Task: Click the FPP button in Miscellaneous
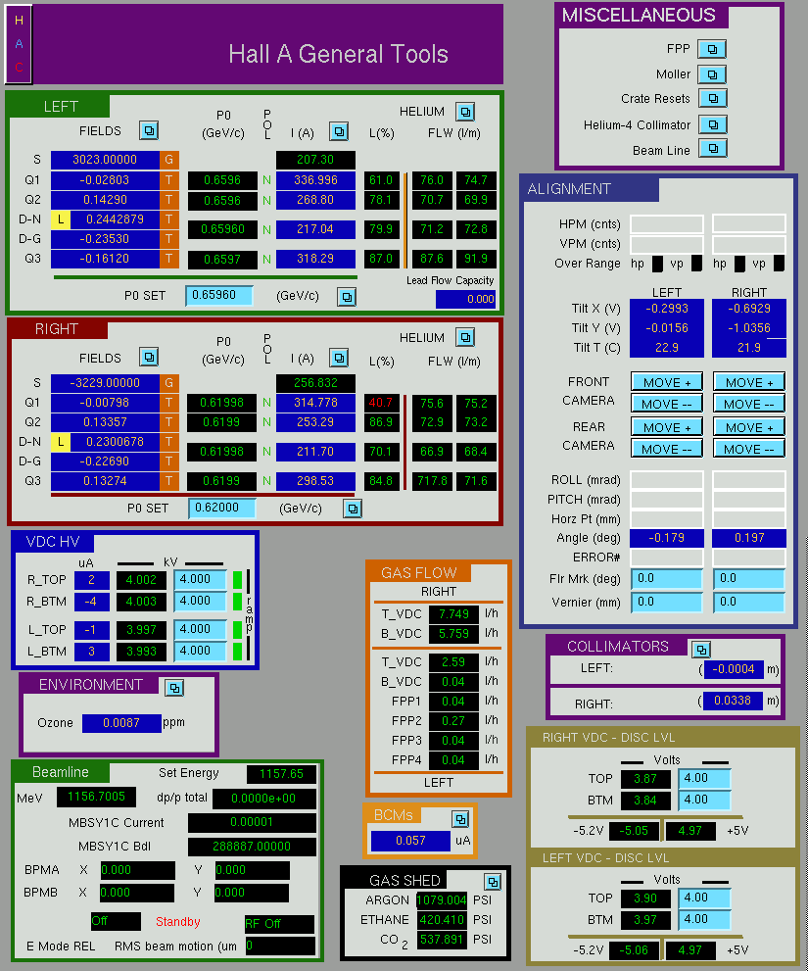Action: (x=712, y=49)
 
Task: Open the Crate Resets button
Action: (x=713, y=98)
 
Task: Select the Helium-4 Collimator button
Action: (x=713, y=124)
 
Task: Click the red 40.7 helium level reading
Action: (x=381, y=403)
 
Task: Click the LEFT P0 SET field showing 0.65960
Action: (x=219, y=295)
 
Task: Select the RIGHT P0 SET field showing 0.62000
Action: (x=221, y=508)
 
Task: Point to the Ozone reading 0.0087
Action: (x=121, y=723)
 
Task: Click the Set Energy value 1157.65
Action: (x=281, y=773)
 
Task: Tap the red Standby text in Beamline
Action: (x=177, y=921)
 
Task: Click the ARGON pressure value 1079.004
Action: (x=442, y=899)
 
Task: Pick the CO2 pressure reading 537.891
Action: (x=442, y=940)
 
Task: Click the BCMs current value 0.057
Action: (x=410, y=841)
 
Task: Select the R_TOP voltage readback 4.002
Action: (x=141, y=580)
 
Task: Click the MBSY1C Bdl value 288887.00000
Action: (x=252, y=846)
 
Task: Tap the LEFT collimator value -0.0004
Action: (x=734, y=669)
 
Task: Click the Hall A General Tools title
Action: (x=338, y=54)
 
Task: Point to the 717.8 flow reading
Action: (x=432, y=480)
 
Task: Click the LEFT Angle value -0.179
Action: (x=666, y=538)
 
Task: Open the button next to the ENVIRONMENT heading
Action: (x=174, y=688)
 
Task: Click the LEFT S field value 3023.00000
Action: (x=105, y=159)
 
